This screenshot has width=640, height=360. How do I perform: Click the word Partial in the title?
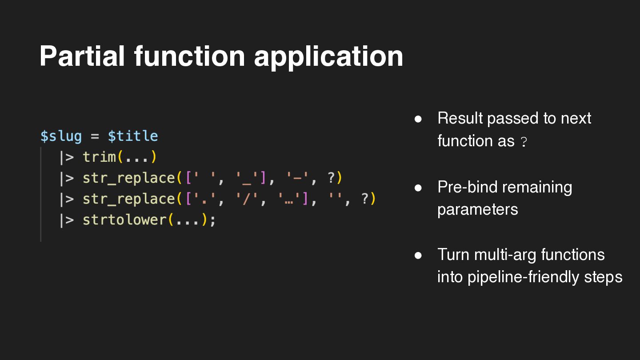click(82, 56)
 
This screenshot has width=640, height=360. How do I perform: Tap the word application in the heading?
click(328, 57)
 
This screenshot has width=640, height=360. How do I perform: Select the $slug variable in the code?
click(61, 136)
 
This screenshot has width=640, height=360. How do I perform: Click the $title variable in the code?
click(133, 136)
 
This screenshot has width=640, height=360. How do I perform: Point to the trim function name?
click(99, 157)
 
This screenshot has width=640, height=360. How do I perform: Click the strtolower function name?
click(125, 220)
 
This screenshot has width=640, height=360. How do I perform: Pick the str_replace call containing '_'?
click(129, 178)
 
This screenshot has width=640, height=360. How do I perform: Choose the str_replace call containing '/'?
click(129, 199)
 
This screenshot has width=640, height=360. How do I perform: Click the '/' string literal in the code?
click(246, 199)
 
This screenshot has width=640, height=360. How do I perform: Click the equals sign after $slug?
click(95, 136)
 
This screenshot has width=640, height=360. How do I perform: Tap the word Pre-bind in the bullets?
click(466, 187)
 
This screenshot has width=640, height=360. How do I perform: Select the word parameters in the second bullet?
click(477, 209)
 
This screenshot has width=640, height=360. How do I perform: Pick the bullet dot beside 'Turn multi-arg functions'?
click(418, 256)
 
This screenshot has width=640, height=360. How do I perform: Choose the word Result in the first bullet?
click(460, 118)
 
